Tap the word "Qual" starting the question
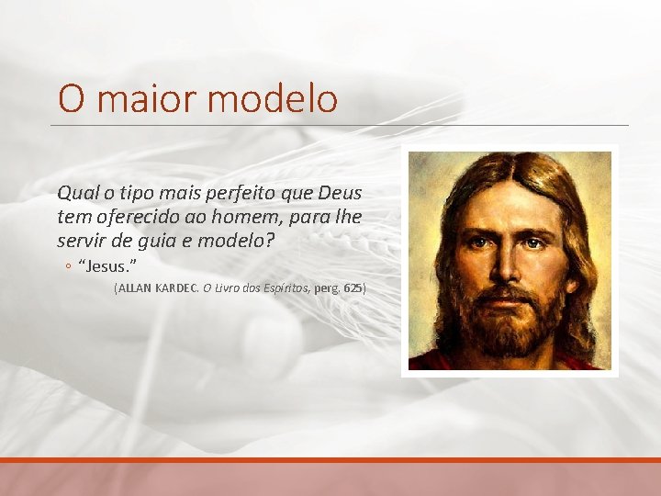tap(76, 194)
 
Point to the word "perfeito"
tap(240, 194)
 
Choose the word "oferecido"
tap(137, 218)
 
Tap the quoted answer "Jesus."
tap(107, 266)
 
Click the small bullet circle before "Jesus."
tap(68, 267)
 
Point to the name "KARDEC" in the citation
tap(176, 288)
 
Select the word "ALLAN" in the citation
tap(134, 288)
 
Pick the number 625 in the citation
tap(353, 288)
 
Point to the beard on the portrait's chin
tap(510, 331)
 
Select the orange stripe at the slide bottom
tap(330, 459)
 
